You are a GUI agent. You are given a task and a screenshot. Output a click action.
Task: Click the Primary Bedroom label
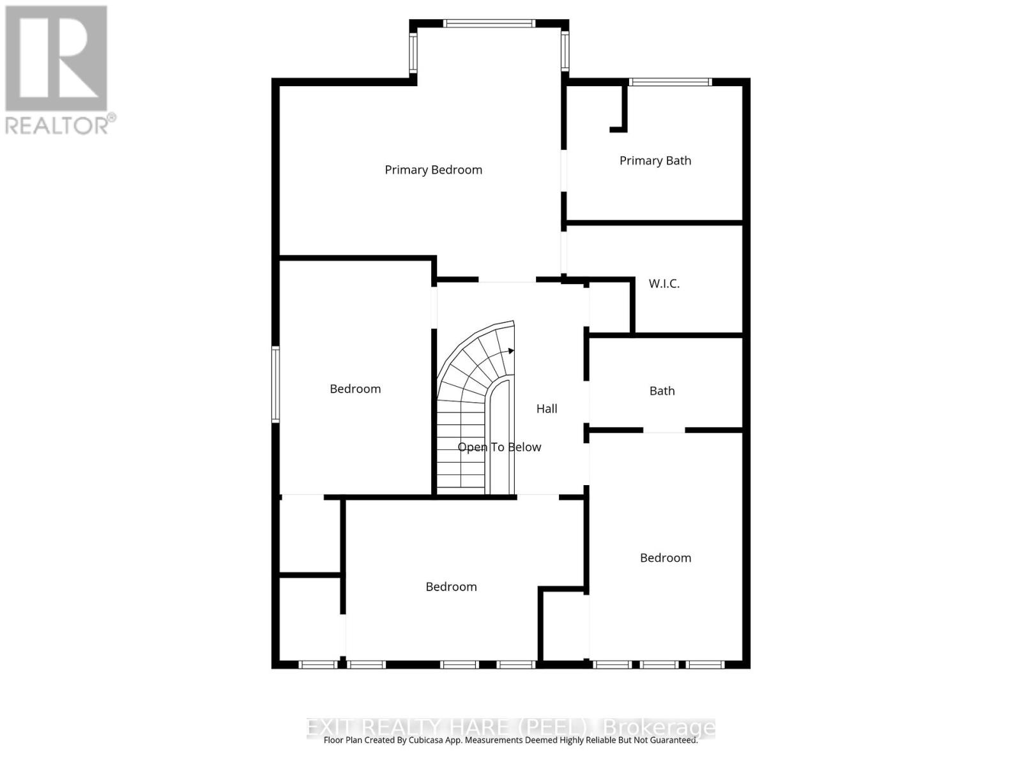(433, 170)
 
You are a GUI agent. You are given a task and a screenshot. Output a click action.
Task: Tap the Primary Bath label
(655, 161)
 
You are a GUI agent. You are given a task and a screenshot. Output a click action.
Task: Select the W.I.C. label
(664, 283)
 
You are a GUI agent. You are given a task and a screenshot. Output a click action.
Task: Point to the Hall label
(547, 409)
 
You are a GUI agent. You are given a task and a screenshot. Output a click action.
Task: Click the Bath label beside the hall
(662, 391)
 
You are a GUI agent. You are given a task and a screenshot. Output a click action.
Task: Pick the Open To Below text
(500, 447)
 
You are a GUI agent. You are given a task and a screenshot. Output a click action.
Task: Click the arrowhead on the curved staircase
(510, 350)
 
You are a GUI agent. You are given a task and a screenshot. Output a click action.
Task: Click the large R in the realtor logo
(56, 59)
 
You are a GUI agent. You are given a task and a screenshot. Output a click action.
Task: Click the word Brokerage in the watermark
(659, 727)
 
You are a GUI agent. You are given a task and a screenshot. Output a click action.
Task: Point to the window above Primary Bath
(670, 82)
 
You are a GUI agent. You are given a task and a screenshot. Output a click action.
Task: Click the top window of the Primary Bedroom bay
(489, 24)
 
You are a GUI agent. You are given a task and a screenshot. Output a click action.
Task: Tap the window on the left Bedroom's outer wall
(276, 384)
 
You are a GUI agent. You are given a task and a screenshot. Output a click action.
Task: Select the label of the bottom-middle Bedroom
(451, 587)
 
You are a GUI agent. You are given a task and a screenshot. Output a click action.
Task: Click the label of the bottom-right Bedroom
(666, 558)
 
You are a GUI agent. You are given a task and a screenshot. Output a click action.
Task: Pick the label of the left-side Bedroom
(355, 389)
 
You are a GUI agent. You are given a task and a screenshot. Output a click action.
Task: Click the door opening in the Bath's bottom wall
(664, 431)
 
